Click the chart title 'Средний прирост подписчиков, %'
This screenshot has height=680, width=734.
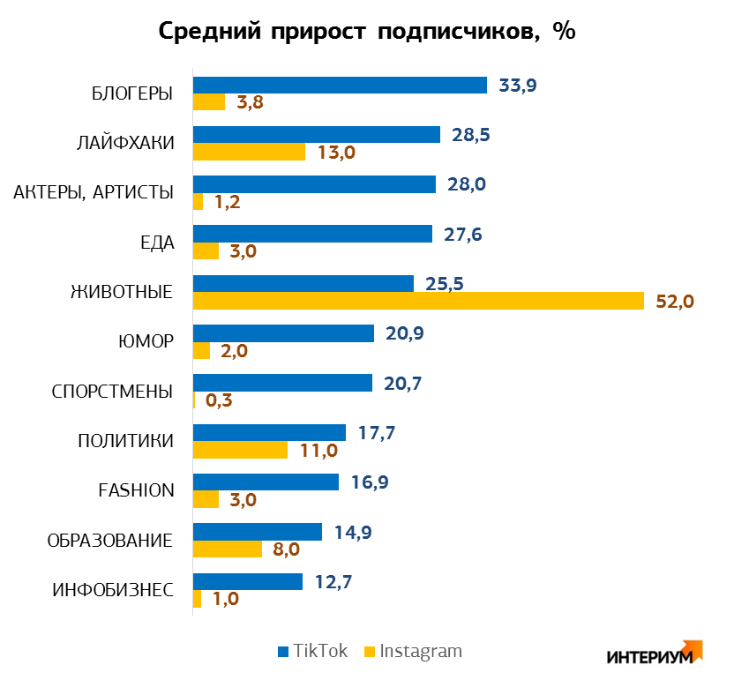[x=366, y=31]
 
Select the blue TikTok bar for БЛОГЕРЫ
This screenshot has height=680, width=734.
[x=340, y=85]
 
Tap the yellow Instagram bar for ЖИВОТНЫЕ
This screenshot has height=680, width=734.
[x=418, y=301]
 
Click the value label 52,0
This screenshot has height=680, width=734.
[x=675, y=302]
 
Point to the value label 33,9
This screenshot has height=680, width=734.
[x=518, y=86]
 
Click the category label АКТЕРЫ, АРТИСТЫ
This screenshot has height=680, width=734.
[x=94, y=192]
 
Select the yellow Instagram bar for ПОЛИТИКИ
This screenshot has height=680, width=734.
[x=240, y=450]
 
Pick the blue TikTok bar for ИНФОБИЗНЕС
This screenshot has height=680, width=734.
[x=248, y=582]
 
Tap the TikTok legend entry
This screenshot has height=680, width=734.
[x=312, y=652]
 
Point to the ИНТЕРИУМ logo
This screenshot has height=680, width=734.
[x=653, y=654]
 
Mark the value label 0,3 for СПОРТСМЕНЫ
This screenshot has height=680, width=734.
[x=218, y=400]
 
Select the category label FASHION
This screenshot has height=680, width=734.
[x=136, y=490]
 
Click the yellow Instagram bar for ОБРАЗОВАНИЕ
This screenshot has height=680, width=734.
[x=228, y=549]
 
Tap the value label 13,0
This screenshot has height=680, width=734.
[x=336, y=153]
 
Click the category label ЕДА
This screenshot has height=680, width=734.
[x=157, y=243]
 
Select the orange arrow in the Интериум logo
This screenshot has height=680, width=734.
[x=693, y=648]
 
